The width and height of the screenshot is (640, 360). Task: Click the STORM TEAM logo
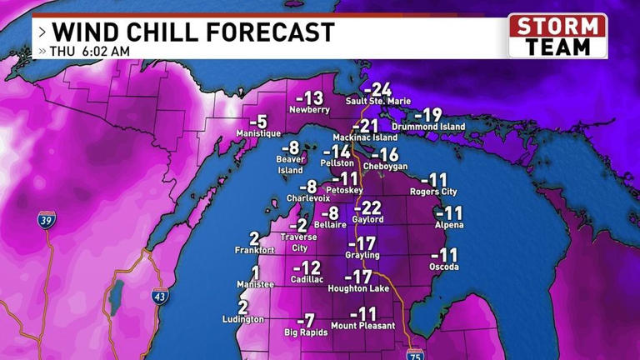(x=557, y=36)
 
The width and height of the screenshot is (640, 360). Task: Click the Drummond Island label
(x=431, y=127)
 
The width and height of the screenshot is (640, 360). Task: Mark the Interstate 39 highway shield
(x=45, y=221)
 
